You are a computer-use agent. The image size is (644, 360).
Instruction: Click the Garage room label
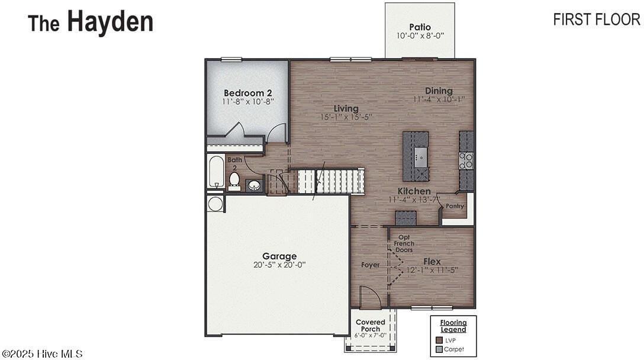tap(279, 256)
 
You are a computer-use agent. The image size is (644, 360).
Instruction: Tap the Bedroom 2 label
tap(247, 93)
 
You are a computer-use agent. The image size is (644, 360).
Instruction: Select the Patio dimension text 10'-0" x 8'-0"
tap(420, 36)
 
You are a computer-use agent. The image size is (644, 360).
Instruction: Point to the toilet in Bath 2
tap(234, 179)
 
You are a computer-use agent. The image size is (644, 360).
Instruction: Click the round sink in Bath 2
tap(254, 185)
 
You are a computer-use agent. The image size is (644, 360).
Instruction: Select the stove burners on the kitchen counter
tap(466, 160)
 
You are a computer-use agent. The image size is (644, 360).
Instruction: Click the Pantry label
tap(455, 206)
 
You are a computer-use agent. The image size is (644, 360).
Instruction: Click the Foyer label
tap(371, 265)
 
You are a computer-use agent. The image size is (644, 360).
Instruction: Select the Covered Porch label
tap(371, 326)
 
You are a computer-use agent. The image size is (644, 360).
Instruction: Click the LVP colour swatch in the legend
tap(439, 340)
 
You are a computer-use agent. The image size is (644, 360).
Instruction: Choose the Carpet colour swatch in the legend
tap(439, 349)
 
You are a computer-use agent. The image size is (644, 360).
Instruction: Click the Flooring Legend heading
tap(453, 326)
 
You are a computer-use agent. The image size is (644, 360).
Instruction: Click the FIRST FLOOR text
tap(596, 20)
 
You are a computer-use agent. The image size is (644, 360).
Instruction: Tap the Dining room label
tap(439, 91)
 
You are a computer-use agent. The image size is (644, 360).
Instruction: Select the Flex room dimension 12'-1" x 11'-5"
tap(432, 270)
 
